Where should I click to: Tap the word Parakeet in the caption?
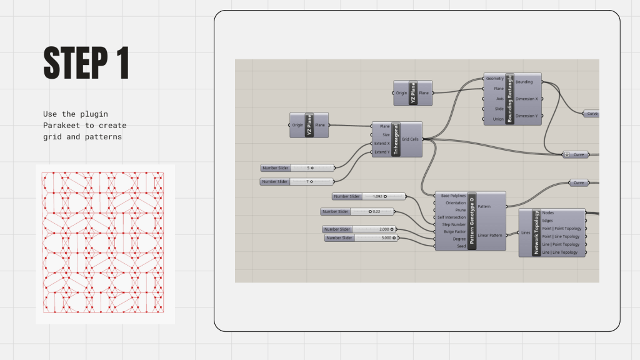click(x=61, y=125)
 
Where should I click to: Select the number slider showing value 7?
click(x=297, y=181)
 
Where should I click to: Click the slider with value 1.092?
click(x=368, y=196)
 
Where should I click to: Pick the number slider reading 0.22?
click(x=359, y=211)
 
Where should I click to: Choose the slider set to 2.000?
click(x=359, y=229)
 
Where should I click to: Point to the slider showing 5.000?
click(x=361, y=238)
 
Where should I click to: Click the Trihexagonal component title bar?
click(x=395, y=139)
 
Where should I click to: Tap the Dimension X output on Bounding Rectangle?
click(x=530, y=99)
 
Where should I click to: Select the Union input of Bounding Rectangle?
click(x=498, y=119)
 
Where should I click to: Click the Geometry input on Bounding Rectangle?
click(x=494, y=79)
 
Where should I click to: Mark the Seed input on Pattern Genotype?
click(x=460, y=246)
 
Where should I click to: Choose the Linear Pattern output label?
click(x=490, y=235)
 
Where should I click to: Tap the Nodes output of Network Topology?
click(x=548, y=212)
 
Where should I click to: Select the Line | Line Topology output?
click(x=560, y=252)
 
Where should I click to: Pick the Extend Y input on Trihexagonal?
click(x=381, y=152)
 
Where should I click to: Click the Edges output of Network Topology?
click(x=548, y=220)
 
